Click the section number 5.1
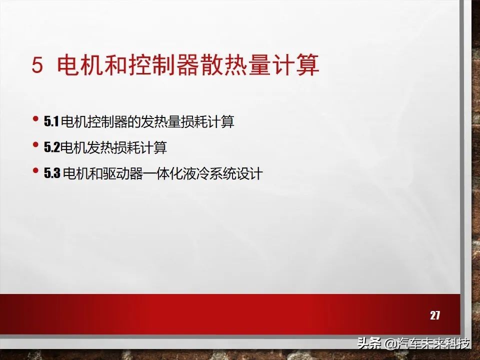(x=51, y=121)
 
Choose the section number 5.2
(x=51, y=147)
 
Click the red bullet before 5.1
(x=35, y=119)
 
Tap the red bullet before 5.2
(x=35, y=145)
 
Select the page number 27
(x=435, y=315)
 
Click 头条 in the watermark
(x=368, y=344)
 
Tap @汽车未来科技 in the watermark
(x=427, y=344)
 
